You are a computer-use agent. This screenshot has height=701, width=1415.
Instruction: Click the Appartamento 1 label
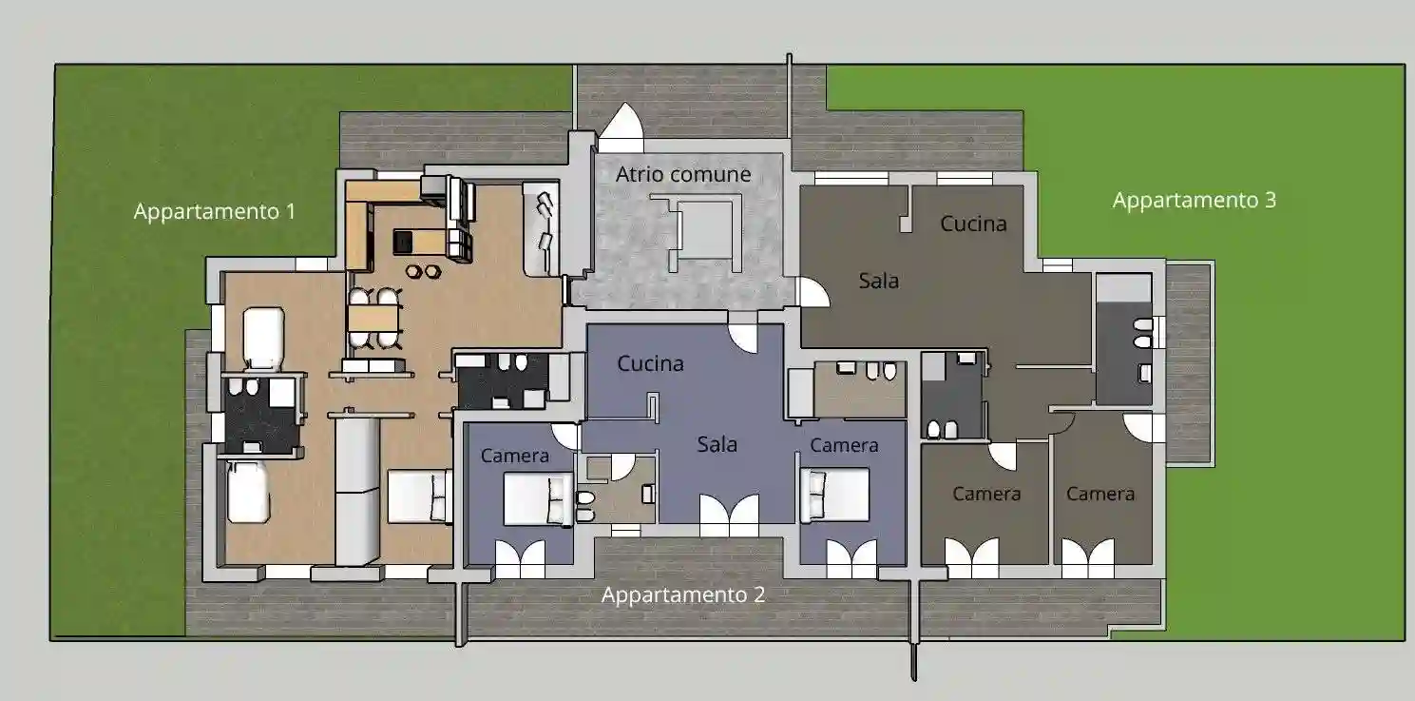[x=215, y=211]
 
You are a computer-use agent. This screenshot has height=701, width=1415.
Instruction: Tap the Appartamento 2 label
[x=683, y=594]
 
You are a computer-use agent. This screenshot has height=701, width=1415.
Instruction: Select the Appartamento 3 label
[x=1194, y=201]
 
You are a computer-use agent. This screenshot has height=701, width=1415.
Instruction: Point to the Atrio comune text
[x=683, y=174]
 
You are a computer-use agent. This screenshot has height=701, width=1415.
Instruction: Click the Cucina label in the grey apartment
[x=973, y=224]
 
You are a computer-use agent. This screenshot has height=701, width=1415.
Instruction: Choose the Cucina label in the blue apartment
[x=650, y=363]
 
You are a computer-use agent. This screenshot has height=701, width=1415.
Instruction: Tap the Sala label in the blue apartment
[x=717, y=444]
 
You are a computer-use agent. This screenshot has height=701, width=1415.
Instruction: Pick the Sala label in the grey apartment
[x=879, y=281]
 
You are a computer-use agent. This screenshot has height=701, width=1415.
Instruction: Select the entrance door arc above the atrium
[x=622, y=122]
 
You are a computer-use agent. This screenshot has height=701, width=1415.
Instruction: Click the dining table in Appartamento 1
[x=375, y=318]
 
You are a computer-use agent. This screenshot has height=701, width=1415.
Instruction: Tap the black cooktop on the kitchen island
[x=402, y=242]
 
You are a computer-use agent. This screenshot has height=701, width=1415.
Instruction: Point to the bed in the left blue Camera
[x=538, y=499]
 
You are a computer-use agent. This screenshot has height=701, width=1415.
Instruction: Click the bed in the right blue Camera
[x=834, y=495]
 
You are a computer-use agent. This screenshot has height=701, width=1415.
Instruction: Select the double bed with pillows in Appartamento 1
[x=419, y=497]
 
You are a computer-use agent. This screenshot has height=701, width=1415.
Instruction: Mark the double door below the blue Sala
[x=729, y=515]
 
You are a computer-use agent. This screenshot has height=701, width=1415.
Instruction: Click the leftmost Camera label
[x=515, y=456]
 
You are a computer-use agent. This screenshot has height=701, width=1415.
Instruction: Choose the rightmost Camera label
[x=1100, y=494]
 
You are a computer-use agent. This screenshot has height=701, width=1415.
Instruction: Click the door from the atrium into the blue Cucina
[x=742, y=338]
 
